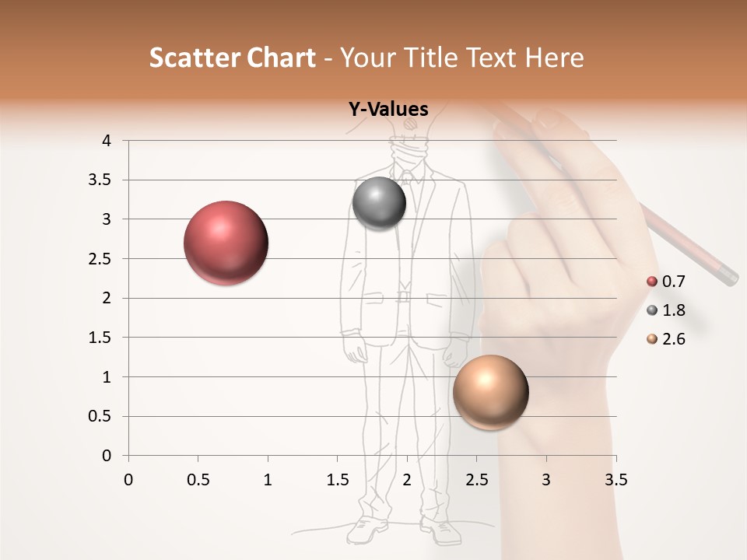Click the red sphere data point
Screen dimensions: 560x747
click(x=226, y=243)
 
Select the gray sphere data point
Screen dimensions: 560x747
click(x=379, y=204)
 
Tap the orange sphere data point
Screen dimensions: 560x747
click(x=490, y=392)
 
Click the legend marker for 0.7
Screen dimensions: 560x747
click(x=652, y=282)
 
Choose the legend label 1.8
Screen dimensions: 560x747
click(x=673, y=310)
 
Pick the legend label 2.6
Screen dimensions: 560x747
click(x=673, y=339)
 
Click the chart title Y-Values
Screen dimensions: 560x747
click(x=388, y=110)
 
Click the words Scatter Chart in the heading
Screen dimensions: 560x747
click(x=232, y=58)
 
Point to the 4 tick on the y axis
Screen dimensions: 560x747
click(x=107, y=141)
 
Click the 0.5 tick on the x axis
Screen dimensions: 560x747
click(x=198, y=480)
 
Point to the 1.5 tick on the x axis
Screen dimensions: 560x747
click(x=337, y=480)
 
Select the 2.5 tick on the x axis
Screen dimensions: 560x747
click(x=476, y=480)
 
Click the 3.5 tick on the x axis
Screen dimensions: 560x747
click(x=615, y=480)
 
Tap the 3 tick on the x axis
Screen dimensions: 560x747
click(x=546, y=480)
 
